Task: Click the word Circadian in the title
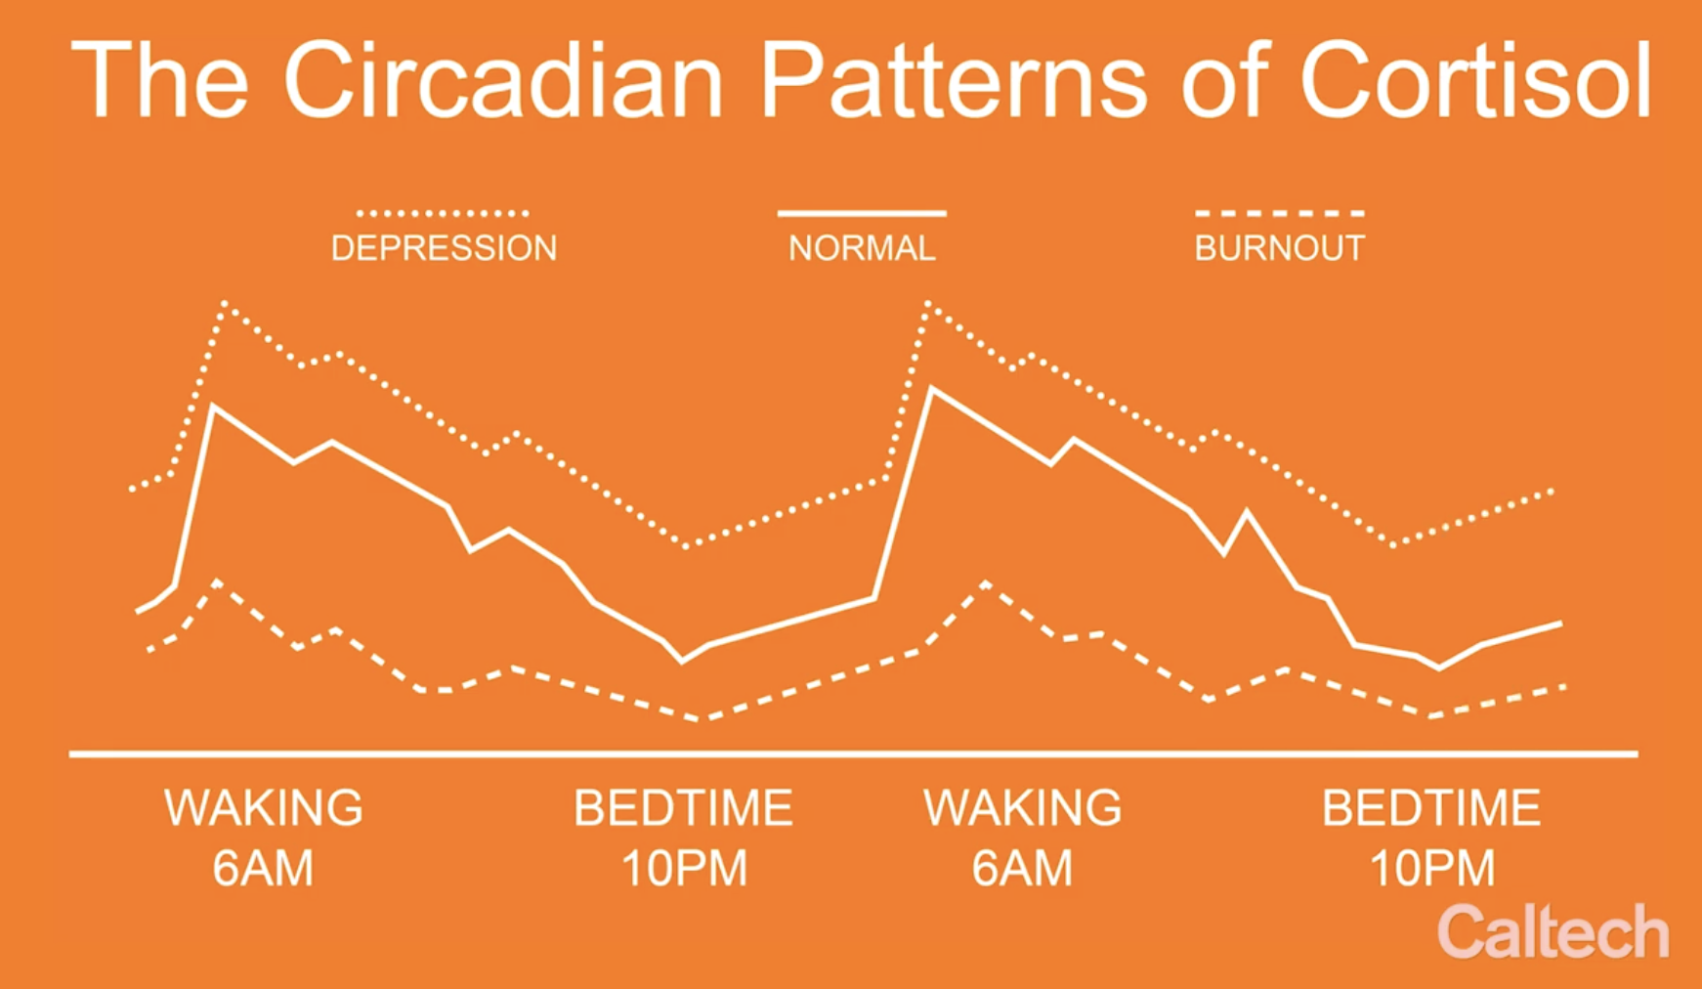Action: pos(502,80)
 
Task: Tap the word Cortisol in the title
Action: pos(1475,80)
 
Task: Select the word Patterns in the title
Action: pos(954,80)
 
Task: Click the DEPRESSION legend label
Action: pos(444,248)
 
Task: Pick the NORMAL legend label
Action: pos(862,248)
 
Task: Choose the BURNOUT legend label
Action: pos(1279,248)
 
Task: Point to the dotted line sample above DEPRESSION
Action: pos(443,212)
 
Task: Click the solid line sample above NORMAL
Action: pos(862,212)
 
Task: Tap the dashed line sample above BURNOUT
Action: pos(1279,212)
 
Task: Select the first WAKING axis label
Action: pos(264,808)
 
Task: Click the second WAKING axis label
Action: pos(1023,808)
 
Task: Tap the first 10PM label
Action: pos(684,868)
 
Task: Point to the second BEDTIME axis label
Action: pos(1431,808)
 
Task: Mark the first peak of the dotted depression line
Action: pos(225,303)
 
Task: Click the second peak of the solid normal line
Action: pos(931,388)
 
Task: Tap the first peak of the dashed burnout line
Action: pos(216,581)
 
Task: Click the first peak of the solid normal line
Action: pos(213,406)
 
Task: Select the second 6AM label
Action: pos(1022,868)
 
